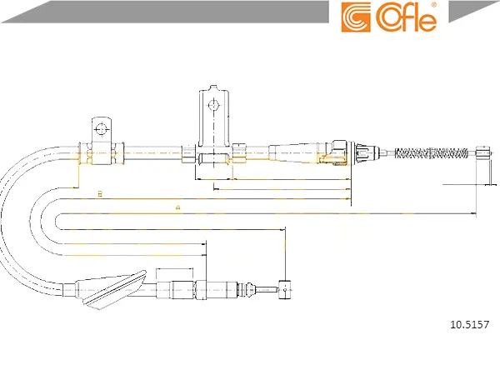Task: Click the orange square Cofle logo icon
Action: tap(356, 17)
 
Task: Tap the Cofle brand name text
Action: tap(405, 17)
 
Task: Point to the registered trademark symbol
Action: tap(433, 5)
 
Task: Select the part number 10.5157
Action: tap(469, 325)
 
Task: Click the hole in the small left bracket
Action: tap(102, 129)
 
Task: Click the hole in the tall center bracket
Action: tap(213, 105)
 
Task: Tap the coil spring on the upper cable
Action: tap(432, 153)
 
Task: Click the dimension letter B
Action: tap(100, 193)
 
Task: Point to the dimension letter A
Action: tap(178, 207)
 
